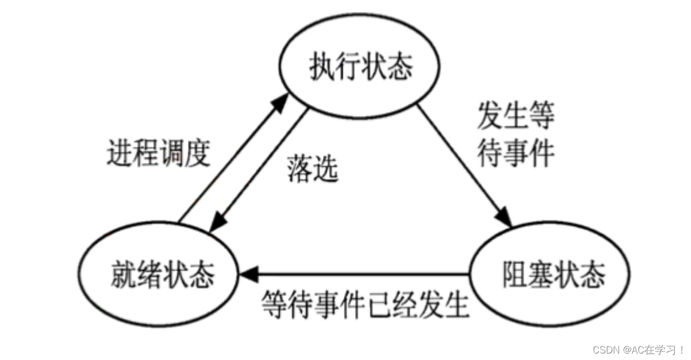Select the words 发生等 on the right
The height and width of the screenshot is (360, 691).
tap(516, 116)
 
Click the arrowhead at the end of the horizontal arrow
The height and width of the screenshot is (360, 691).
tap(250, 275)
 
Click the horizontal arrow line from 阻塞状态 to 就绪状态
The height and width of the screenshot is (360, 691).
tap(362, 275)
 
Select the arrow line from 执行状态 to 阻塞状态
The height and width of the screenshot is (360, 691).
tap(462, 162)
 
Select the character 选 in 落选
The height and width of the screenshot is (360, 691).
tap(326, 170)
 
